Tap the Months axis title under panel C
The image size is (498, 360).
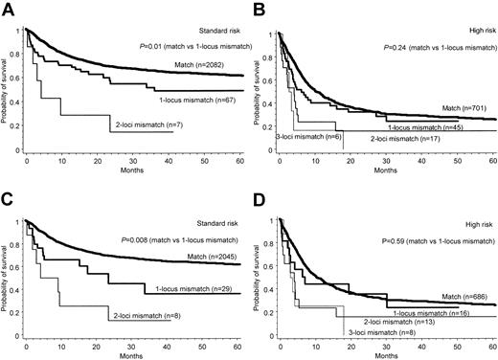click(x=130, y=354)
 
